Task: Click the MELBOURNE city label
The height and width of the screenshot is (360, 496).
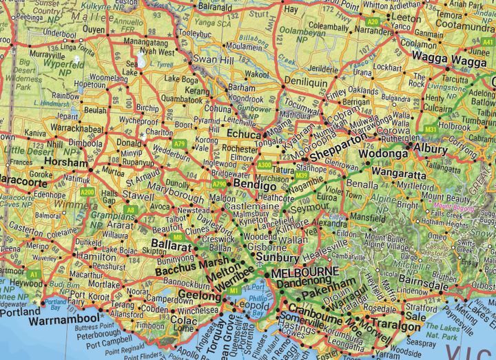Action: tap(304, 273)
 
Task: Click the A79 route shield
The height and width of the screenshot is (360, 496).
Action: tap(180, 144)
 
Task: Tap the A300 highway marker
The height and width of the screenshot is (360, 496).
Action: tap(264, 165)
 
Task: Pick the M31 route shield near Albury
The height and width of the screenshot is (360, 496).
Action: tap(431, 129)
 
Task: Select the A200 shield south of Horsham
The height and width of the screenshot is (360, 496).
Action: tap(87, 191)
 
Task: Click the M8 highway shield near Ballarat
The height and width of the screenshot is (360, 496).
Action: tap(178, 237)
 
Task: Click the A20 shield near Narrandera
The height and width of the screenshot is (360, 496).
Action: tap(373, 23)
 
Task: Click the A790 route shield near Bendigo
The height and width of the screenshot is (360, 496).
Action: tap(220, 184)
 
